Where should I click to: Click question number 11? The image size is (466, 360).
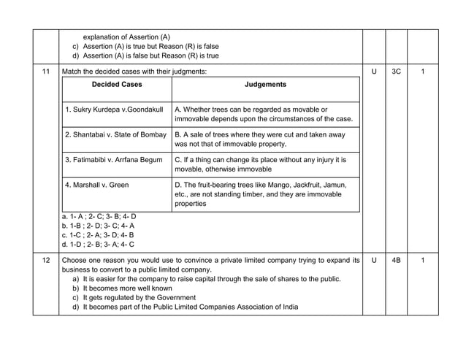(x=46, y=72)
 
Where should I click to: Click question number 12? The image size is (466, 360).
(x=46, y=260)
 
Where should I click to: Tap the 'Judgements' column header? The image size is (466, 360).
(x=265, y=85)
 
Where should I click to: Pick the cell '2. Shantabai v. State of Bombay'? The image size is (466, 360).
(x=115, y=135)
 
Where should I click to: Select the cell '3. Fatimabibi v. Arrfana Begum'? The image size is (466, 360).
(x=115, y=159)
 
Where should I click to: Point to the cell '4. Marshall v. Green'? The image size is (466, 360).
(x=96, y=185)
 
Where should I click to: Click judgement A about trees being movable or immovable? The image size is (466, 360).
(x=264, y=114)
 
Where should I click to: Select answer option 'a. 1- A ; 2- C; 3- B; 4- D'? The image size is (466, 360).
(x=99, y=217)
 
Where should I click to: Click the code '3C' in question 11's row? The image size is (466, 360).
(x=396, y=72)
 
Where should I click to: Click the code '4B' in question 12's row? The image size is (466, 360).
(x=396, y=260)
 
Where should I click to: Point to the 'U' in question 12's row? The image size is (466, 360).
(x=374, y=260)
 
